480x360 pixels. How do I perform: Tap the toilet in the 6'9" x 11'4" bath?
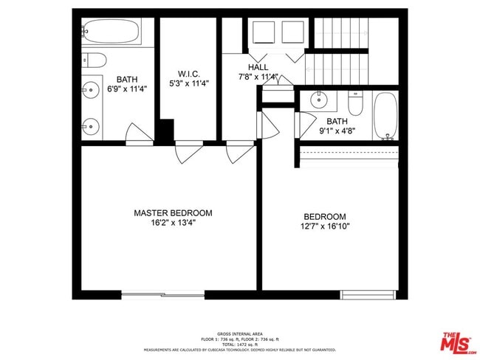94,60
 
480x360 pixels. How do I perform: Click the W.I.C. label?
190,74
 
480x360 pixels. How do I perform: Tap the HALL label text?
258,67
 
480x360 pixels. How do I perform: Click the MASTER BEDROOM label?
173,212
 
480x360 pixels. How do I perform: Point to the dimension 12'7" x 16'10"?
326,226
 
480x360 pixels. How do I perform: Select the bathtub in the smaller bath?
385,115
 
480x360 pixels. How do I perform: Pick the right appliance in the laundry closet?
292,34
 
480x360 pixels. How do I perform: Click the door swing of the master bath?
139,135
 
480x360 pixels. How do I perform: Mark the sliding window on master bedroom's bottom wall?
162,294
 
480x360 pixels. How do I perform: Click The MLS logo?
459,343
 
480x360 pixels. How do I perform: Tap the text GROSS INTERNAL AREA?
239,333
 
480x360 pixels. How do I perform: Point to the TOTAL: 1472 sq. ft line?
239,345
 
